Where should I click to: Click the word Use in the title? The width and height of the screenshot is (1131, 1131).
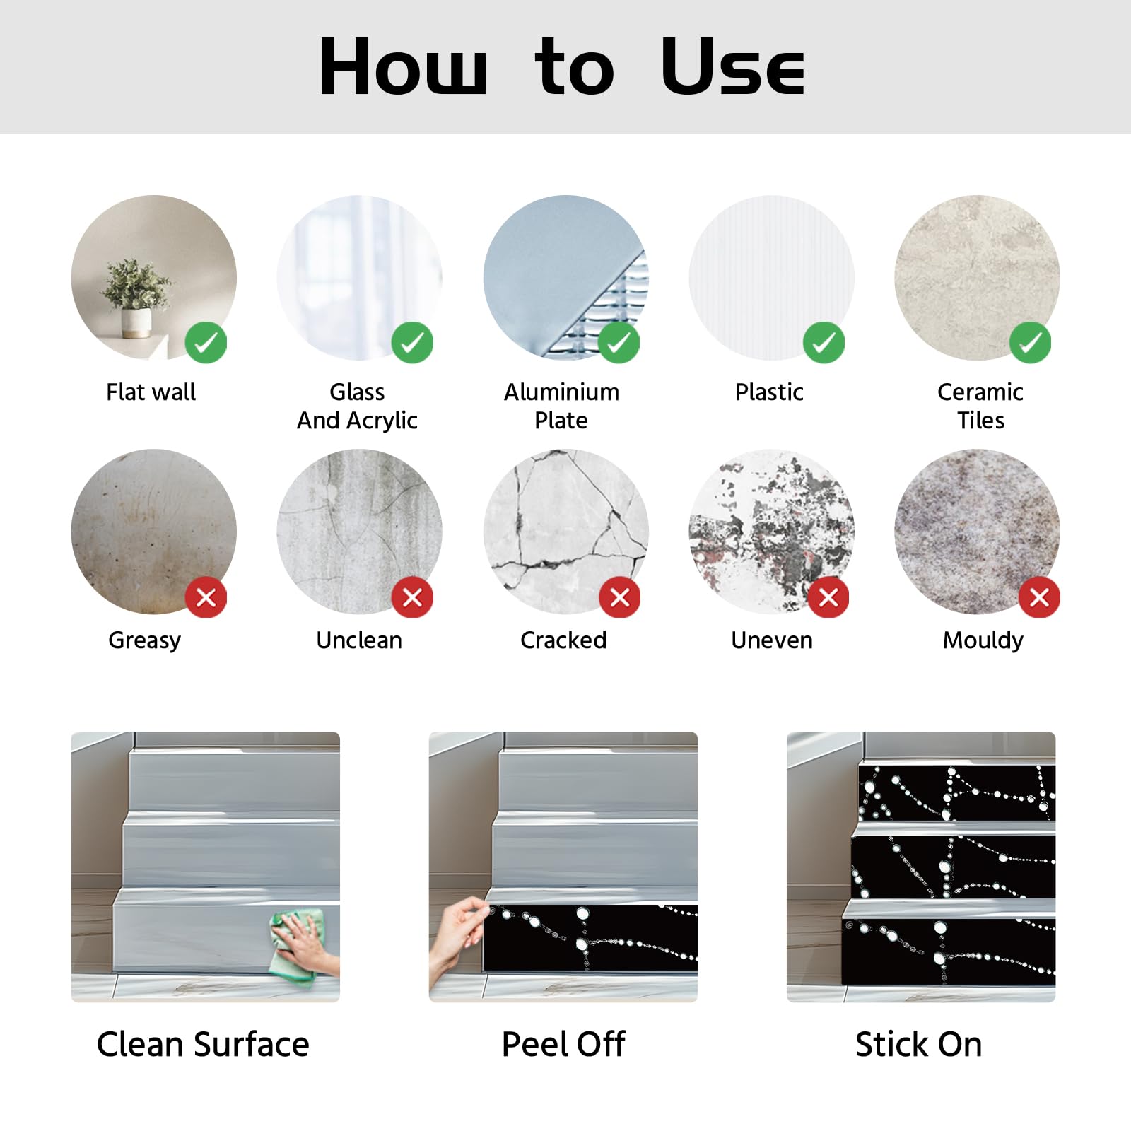point(733,66)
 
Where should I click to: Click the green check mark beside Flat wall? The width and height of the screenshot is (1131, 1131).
point(206,343)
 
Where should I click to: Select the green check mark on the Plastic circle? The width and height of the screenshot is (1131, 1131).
point(824,343)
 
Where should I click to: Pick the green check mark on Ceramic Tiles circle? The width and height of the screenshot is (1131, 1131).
point(1031,343)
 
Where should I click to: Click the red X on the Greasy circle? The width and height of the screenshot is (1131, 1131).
point(206,597)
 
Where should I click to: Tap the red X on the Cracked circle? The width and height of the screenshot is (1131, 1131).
point(620,597)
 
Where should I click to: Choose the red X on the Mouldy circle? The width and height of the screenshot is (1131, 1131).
point(1039,597)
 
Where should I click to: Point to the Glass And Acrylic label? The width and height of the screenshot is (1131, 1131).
point(358,406)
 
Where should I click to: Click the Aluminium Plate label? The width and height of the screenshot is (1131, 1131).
point(561,406)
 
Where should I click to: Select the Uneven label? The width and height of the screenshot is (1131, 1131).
point(772,640)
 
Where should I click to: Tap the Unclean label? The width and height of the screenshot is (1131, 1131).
point(359,640)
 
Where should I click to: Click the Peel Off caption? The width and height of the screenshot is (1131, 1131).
point(563,1044)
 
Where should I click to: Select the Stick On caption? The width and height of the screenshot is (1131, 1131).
point(919,1044)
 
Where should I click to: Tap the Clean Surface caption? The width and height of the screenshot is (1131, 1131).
point(203,1044)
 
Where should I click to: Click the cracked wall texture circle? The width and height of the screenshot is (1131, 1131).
point(565,532)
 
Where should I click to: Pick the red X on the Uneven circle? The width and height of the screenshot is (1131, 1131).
point(828,597)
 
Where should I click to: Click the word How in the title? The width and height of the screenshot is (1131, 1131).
point(403,66)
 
